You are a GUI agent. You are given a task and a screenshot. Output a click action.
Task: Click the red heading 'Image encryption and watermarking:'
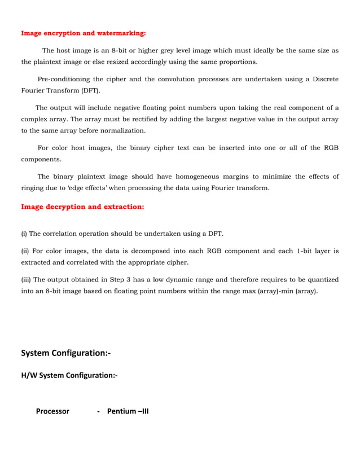point(83,33)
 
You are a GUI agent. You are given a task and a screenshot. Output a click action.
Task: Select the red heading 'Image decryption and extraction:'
point(82,207)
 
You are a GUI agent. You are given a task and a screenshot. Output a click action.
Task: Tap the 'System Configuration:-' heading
point(65,353)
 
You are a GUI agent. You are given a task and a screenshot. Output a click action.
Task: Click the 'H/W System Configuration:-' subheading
point(69,375)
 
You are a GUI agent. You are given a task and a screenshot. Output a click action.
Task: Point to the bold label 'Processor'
point(52,411)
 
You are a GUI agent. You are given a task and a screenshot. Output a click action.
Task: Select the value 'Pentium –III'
point(128,411)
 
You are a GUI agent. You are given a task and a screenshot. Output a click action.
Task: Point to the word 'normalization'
point(121,131)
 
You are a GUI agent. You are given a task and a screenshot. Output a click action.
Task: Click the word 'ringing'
point(33,188)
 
